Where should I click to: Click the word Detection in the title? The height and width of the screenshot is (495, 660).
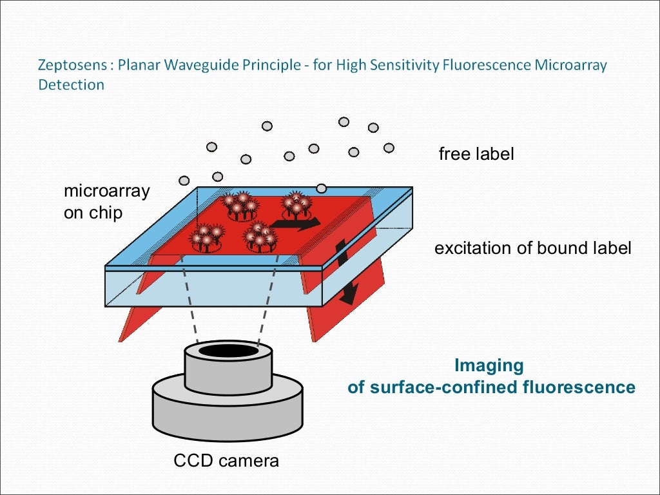[71, 84]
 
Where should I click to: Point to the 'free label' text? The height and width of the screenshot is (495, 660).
[476, 155]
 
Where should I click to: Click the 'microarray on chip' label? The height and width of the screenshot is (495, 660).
[106, 202]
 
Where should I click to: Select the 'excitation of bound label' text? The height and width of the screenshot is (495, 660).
[532, 248]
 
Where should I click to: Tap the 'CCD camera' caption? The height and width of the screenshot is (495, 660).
[226, 461]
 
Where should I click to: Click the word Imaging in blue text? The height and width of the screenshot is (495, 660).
[489, 365]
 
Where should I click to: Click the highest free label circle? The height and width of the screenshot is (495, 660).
[344, 122]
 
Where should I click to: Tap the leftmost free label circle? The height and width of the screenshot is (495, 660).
[184, 180]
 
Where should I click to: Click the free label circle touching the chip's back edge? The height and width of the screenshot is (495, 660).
[321, 188]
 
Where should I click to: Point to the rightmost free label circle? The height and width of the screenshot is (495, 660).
[389, 148]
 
